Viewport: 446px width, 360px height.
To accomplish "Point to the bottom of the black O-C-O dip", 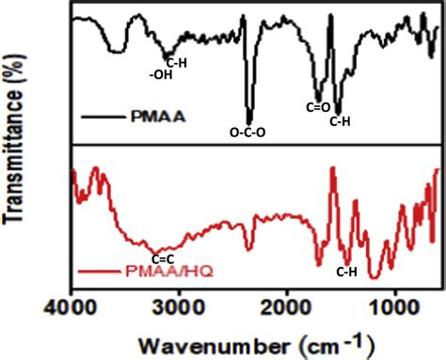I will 249,122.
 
